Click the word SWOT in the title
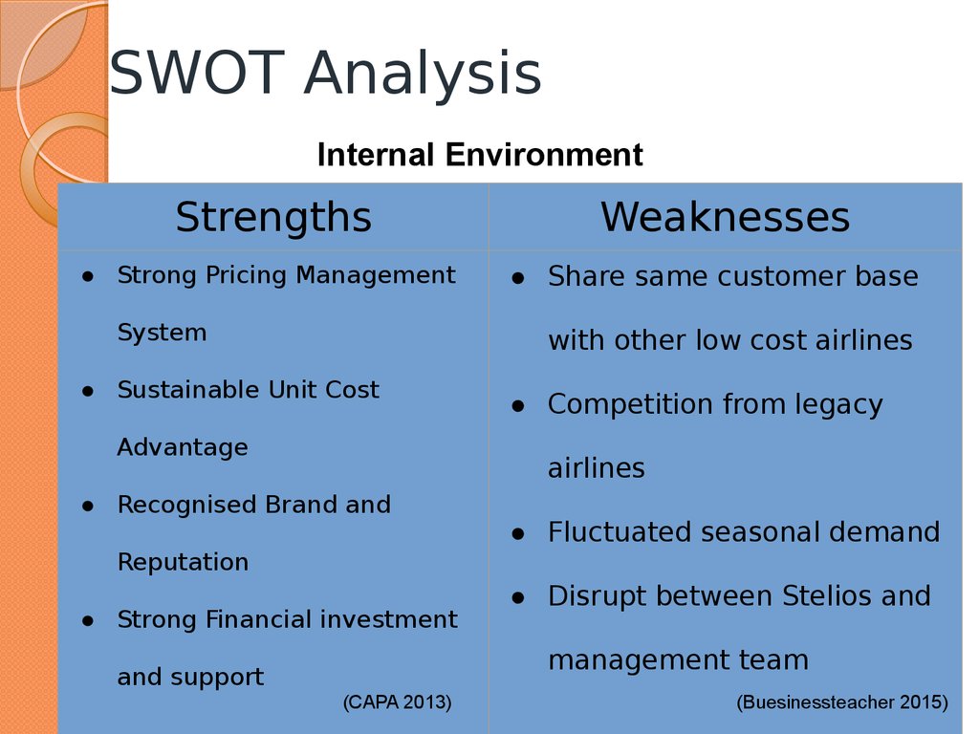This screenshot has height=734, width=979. (x=197, y=73)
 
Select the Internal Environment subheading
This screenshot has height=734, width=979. (x=480, y=154)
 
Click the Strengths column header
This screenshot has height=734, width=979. (x=273, y=218)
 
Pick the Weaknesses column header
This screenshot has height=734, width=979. (x=725, y=217)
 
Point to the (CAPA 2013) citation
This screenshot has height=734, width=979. (x=397, y=702)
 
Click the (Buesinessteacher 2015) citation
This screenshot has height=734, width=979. (x=842, y=702)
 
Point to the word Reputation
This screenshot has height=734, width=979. (x=183, y=563)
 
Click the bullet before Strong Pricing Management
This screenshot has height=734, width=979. (x=88, y=276)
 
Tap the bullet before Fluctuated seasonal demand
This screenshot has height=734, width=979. (x=518, y=533)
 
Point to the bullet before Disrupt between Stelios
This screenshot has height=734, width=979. (x=518, y=597)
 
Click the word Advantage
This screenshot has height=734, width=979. (x=183, y=448)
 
